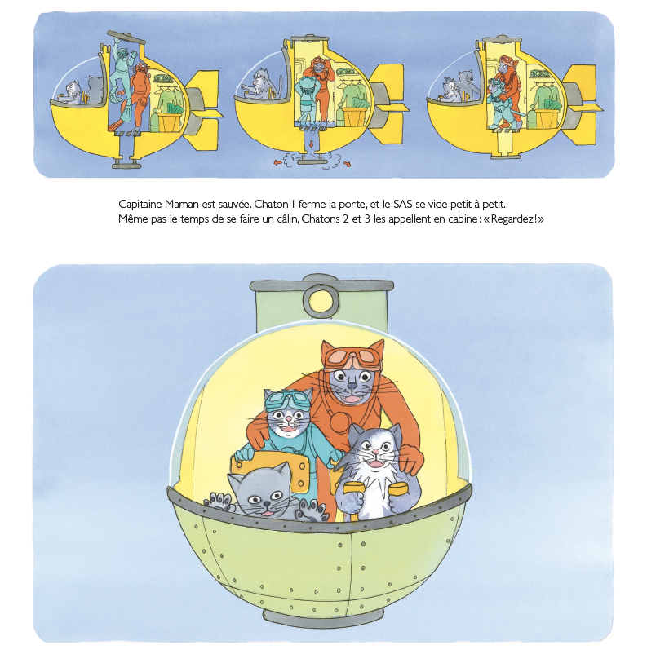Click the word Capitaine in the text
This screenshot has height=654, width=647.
point(140,205)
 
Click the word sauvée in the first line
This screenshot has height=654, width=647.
point(235,205)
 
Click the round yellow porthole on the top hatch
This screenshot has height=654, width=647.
point(321,299)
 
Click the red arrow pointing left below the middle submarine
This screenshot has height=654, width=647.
point(277,162)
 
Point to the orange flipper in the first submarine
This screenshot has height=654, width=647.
point(117,124)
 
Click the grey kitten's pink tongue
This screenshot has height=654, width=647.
point(264,514)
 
